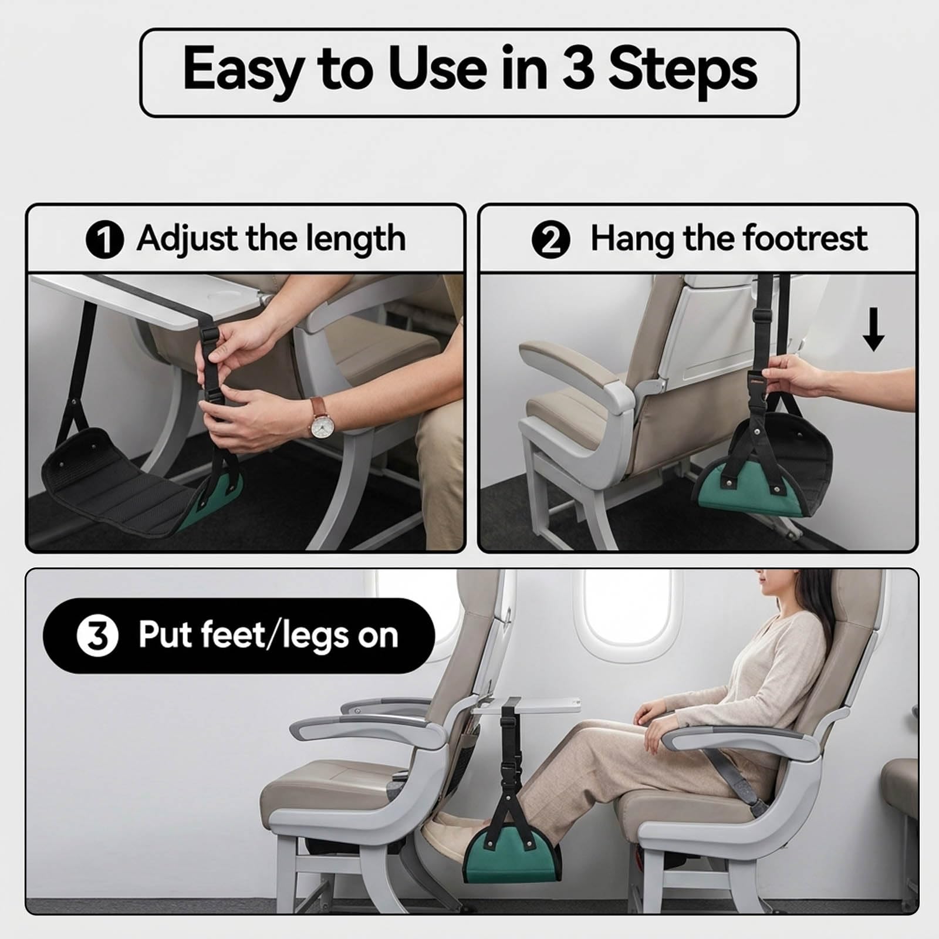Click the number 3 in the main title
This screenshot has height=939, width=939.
pyautogui.click(x=578, y=69)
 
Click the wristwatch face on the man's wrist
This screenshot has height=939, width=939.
pyautogui.click(x=321, y=427)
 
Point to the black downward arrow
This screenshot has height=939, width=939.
pyautogui.click(x=873, y=330)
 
